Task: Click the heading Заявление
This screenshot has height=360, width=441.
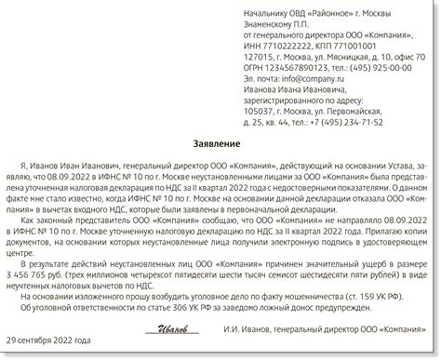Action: click(x=220, y=144)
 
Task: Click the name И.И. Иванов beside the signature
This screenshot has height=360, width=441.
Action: click(x=249, y=330)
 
